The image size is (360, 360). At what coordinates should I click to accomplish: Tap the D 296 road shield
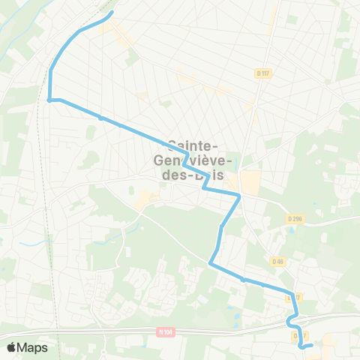pyautogui.click(x=292, y=218)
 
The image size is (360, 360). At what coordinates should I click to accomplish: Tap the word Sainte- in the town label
pyautogui.click(x=193, y=145)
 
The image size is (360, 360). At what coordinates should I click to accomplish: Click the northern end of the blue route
pyautogui.click(x=112, y=13)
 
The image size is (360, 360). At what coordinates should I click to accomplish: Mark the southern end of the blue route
pyautogui.click(x=310, y=345)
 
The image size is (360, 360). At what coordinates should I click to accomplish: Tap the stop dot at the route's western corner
pyautogui.click(x=49, y=100)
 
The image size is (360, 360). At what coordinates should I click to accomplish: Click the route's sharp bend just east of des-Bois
pyautogui.click(x=239, y=196)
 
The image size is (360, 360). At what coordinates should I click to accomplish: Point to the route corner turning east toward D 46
pyautogui.click(x=210, y=264)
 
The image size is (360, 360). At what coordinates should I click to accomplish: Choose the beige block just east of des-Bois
pyautogui.click(x=250, y=180)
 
